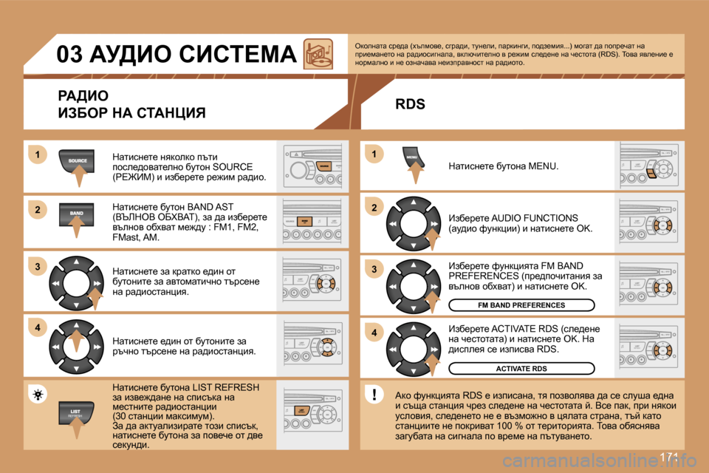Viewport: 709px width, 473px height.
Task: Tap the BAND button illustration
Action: point(77,213)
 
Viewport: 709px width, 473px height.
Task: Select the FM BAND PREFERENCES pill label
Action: point(521,304)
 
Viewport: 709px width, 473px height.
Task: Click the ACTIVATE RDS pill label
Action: point(521,368)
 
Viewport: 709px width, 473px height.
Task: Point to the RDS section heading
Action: point(410,104)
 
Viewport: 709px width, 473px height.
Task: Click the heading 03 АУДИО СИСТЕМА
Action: point(177,55)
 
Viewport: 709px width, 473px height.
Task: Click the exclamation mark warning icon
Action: point(375,394)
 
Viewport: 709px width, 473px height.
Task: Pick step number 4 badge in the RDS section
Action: point(374,333)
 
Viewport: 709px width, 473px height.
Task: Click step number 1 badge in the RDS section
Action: point(374,154)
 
